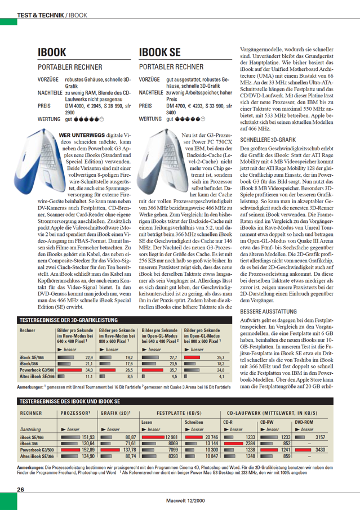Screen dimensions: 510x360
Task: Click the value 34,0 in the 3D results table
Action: pos(88,370)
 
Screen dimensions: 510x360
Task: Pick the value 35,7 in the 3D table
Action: pos(174,370)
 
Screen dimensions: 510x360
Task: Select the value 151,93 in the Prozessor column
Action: pos(87,437)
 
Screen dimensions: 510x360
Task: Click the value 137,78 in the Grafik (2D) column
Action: pos(130,450)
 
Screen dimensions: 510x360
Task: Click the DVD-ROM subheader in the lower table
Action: pos(304,421)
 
